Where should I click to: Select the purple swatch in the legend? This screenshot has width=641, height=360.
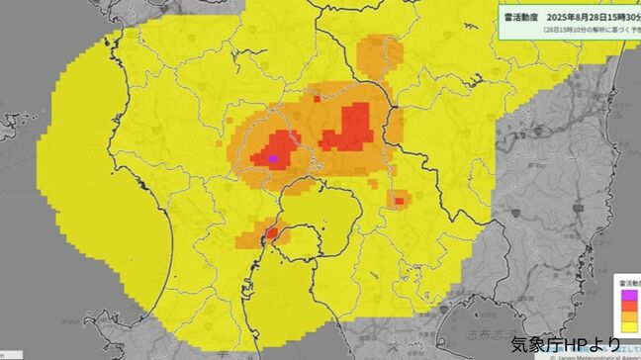pos(627,294)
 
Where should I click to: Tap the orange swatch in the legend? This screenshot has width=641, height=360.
pos(627,315)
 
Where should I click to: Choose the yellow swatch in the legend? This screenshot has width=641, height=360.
pos(627,326)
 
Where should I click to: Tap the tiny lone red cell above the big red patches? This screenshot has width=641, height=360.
pos(317,98)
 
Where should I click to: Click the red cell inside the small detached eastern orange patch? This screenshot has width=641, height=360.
pos(399,201)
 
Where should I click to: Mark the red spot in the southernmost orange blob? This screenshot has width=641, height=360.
pos(270,234)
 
